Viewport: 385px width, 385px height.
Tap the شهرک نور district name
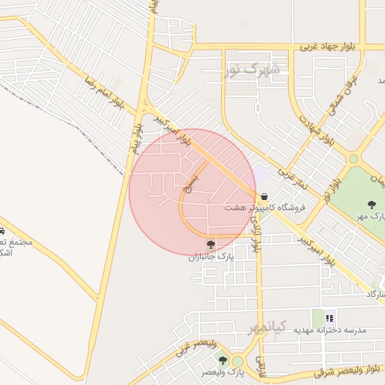(x=251, y=71)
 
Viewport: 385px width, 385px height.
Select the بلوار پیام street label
(x=137, y=137)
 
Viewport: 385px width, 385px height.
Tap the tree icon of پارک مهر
(x=371, y=204)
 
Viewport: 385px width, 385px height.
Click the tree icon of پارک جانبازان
(x=211, y=244)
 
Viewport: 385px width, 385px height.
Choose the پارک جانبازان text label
(x=212, y=256)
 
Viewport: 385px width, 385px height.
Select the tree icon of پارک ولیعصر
(x=223, y=361)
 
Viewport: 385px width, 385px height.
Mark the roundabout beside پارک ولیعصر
(x=238, y=362)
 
